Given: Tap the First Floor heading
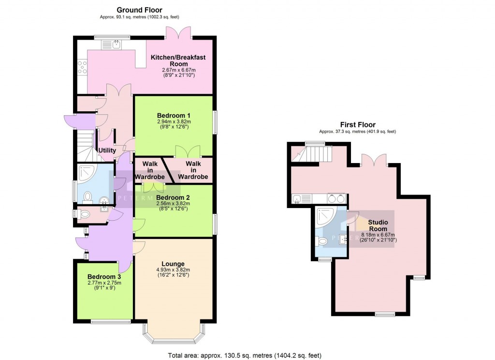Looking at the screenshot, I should coord(358,125).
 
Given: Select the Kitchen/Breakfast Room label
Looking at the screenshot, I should coord(178,60).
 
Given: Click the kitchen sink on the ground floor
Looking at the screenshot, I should coord(116,45).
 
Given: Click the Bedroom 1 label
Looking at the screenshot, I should coord(174,115).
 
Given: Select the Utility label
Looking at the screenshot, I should coord(107,150).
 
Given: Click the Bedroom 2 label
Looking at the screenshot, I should coord(173,198).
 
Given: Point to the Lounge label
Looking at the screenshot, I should coord(173,264).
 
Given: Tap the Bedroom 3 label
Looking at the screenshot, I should coord(104,277).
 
